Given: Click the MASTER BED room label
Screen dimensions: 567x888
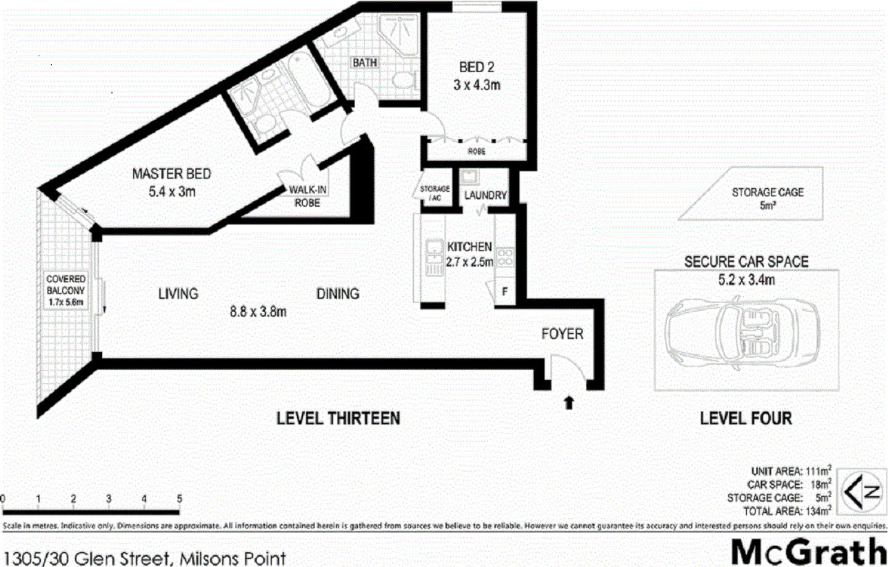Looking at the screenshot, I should (x=171, y=175).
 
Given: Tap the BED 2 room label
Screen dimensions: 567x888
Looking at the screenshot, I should (x=477, y=67).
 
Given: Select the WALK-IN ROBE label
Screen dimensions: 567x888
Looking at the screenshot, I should (x=307, y=196).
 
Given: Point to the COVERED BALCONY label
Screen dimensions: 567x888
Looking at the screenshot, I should (x=66, y=290).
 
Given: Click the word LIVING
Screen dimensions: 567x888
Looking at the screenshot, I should (x=178, y=294).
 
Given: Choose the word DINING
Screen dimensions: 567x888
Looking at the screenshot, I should (x=338, y=294).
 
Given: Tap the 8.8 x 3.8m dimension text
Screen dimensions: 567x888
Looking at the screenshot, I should (x=258, y=312).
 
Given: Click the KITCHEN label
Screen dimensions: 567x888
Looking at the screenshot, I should (x=469, y=247).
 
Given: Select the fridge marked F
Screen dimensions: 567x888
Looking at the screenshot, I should (x=504, y=291).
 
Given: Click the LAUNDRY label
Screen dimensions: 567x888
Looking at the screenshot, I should (x=485, y=196).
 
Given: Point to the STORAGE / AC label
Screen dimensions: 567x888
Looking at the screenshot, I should (x=435, y=192).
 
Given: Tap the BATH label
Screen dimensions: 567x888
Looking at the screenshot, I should (x=364, y=62).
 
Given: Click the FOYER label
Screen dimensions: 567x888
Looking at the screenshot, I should (x=562, y=334).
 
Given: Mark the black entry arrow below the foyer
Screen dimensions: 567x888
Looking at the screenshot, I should (x=569, y=403).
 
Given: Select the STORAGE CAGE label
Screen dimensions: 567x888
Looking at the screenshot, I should (x=768, y=192).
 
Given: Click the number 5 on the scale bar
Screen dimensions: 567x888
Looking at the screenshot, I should (x=179, y=499).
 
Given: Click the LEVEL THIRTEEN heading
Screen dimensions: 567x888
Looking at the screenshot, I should (x=338, y=418).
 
